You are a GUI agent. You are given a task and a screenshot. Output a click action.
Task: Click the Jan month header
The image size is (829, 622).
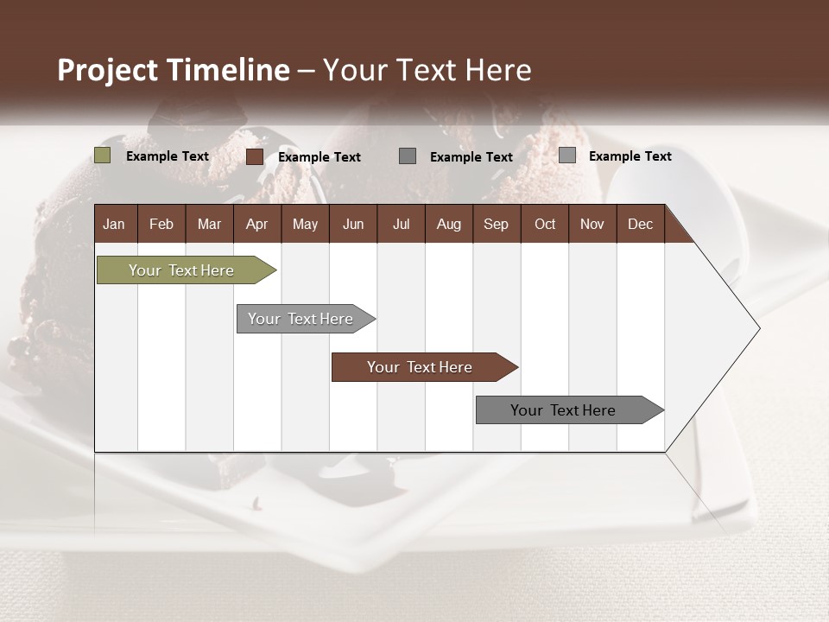(x=114, y=224)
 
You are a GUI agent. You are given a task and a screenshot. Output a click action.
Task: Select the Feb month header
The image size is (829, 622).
(x=161, y=224)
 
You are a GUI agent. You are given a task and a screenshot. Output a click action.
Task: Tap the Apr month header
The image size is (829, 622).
(x=256, y=224)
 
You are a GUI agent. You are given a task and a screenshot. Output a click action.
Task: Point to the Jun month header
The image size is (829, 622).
(x=353, y=224)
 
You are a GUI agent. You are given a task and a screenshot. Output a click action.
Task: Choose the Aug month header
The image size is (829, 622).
(x=448, y=224)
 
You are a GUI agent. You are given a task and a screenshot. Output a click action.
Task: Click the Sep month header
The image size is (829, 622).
(x=496, y=224)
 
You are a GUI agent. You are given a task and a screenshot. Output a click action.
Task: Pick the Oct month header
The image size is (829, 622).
(x=545, y=224)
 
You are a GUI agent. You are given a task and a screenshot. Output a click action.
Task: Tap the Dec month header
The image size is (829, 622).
(x=640, y=224)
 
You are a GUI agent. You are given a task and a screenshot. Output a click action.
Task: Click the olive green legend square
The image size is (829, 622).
(x=103, y=155)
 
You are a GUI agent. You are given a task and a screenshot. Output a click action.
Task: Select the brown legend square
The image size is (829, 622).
(x=255, y=156)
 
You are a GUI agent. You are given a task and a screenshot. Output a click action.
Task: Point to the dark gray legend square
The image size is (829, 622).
(x=408, y=155)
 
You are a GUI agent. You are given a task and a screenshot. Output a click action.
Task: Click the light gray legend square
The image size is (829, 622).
(x=567, y=155)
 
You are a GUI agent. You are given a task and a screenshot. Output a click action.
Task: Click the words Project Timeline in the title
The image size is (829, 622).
(x=174, y=70)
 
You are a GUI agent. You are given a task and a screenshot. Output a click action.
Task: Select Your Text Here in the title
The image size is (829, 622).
(x=427, y=70)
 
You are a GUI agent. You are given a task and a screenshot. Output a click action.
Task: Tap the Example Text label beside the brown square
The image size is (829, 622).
(x=320, y=157)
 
